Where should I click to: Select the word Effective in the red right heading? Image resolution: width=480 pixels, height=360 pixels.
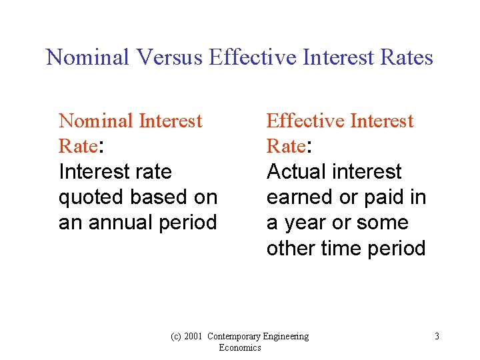coord(305,121)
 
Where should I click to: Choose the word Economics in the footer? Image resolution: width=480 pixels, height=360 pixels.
coord(239,348)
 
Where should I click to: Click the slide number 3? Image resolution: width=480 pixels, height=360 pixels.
coord(437,337)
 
